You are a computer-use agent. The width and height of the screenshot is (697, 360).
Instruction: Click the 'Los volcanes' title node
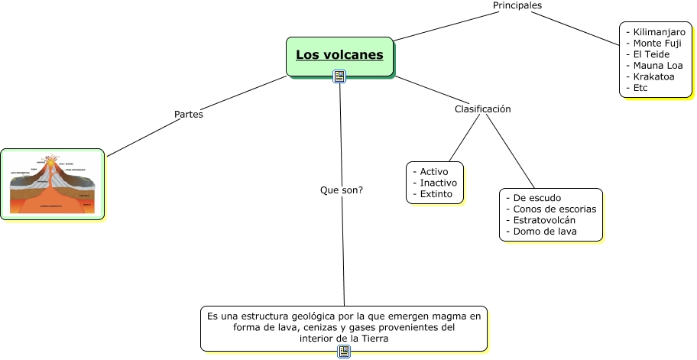(x=339, y=55)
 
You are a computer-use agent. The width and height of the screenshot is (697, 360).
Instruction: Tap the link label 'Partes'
(x=189, y=115)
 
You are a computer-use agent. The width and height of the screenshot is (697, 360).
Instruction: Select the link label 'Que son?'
(x=342, y=190)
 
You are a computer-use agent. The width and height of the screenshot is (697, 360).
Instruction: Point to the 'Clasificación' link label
(x=482, y=109)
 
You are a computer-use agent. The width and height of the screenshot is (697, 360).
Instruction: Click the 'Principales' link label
(x=517, y=5)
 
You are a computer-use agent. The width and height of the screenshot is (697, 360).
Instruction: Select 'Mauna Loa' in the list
(x=657, y=66)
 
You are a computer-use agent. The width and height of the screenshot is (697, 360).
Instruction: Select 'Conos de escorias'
(x=554, y=209)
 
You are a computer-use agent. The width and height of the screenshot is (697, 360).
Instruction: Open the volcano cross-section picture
(x=52, y=184)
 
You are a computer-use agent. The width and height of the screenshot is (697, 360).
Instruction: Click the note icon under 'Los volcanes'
(x=340, y=76)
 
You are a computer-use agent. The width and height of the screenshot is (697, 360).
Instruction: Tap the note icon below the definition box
(x=344, y=352)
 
